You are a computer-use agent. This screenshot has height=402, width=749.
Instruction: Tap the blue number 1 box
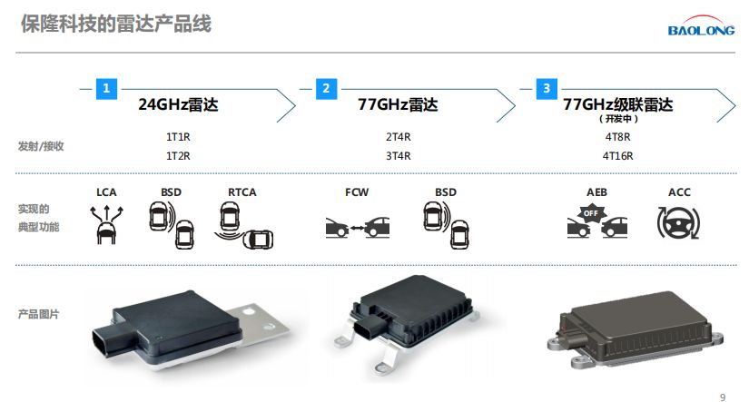coord(106,89)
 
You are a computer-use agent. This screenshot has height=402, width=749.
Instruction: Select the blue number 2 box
coord(326,89)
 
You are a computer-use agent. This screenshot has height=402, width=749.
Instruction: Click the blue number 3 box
coord(547,89)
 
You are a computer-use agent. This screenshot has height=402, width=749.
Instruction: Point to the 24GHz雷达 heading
coord(178,104)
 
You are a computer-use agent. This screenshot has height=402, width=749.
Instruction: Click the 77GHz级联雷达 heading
coord(617,104)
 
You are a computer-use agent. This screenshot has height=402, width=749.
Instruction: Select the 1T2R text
coord(178,156)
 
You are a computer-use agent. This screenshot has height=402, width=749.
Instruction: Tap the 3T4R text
coord(399,156)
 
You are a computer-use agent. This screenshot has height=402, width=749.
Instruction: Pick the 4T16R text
coord(617,156)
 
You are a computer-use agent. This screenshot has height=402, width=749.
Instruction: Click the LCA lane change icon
coord(106,225)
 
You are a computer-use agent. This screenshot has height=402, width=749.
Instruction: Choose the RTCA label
coord(242,192)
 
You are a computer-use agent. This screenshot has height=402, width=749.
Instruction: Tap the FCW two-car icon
coord(358,227)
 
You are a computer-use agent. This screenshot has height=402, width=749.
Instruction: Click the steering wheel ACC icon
coord(678,223)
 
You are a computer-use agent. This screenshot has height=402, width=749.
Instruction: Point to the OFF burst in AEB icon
coord(591,213)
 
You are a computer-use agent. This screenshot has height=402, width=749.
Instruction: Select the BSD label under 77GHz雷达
coord(446,192)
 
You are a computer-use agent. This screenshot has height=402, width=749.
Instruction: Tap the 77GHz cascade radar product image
coord(636,330)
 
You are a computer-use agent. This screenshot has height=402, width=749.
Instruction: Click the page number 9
coord(723,397)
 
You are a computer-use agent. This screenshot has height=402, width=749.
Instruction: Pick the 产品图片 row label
coord(39,314)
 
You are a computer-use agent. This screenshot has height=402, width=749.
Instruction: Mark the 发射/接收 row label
coord(41,146)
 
